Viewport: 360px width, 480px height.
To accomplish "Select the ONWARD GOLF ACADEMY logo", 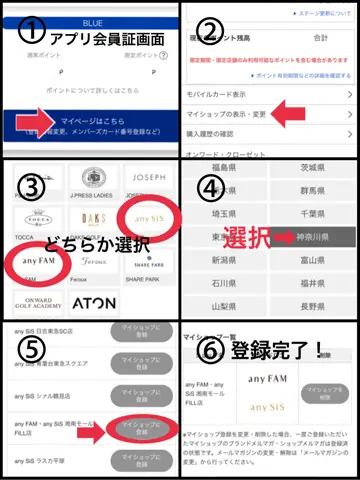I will tap(37, 301).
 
